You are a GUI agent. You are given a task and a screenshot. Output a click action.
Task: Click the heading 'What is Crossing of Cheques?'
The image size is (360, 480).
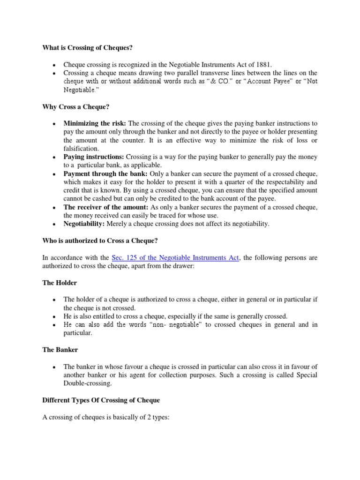coord(84,47)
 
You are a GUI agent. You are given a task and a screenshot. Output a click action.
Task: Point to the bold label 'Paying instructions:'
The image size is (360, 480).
coord(94,157)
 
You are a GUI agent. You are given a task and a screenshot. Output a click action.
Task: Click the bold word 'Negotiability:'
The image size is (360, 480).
coord(84,224)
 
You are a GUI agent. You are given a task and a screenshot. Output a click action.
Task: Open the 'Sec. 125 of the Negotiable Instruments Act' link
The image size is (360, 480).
coord(175,258)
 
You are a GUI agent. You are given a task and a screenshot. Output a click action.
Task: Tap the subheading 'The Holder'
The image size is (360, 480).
coord(60,283)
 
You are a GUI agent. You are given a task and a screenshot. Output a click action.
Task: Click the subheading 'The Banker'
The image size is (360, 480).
coord(60,350)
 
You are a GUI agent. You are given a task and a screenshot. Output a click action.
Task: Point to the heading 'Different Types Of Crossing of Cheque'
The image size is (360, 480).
coord(101,400)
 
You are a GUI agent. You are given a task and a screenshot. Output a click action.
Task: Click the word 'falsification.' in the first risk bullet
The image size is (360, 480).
coord(81,148)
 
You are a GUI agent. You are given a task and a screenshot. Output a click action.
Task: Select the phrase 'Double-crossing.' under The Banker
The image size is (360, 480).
coord(87,384)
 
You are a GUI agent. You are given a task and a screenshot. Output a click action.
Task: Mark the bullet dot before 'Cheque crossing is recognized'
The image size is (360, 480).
coord(55,65)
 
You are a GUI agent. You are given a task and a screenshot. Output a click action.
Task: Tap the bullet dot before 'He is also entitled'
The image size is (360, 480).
coord(55,317)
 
